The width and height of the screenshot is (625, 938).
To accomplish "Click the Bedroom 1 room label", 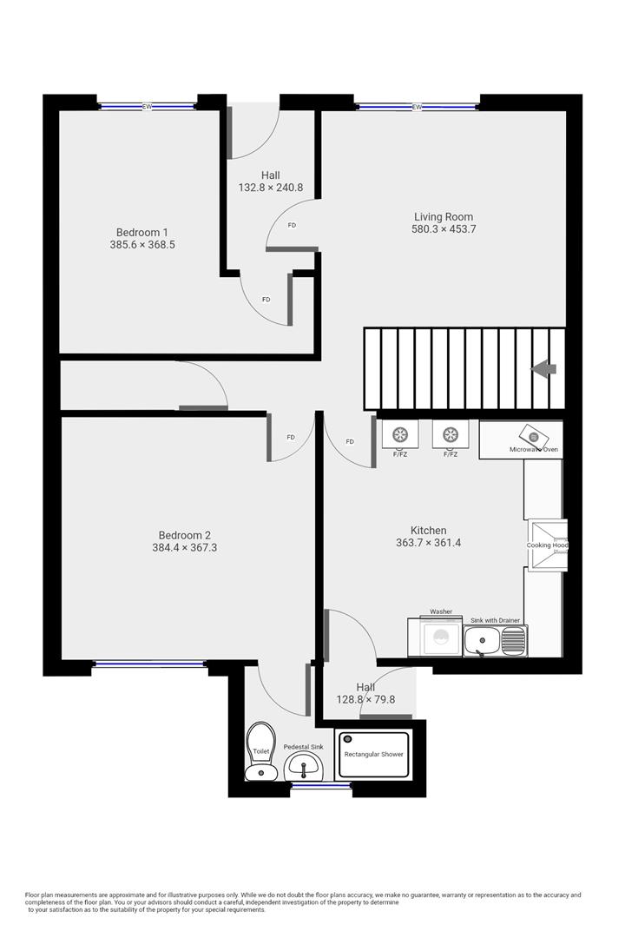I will [142, 232].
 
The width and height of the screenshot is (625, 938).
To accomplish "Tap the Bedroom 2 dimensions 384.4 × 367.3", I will [184, 548].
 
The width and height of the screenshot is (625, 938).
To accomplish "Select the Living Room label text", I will [444, 216].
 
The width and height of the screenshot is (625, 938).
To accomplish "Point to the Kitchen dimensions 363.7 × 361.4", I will [428, 543].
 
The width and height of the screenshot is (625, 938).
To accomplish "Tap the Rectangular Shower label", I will [373, 754].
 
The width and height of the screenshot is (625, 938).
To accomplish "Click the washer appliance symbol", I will [441, 637].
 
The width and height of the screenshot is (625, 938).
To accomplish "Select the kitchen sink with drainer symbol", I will [494, 641].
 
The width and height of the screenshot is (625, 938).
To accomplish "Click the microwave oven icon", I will [534, 437].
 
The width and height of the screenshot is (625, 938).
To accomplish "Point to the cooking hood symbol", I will [547, 545].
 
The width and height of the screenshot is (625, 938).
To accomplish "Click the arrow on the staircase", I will [544, 369].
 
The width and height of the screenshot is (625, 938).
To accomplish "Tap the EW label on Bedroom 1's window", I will [147, 106].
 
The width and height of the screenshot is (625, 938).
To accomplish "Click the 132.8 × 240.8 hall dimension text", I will [270, 188].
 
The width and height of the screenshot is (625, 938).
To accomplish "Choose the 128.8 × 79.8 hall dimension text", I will [365, 699].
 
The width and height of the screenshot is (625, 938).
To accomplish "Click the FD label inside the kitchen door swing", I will [350, 442].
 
